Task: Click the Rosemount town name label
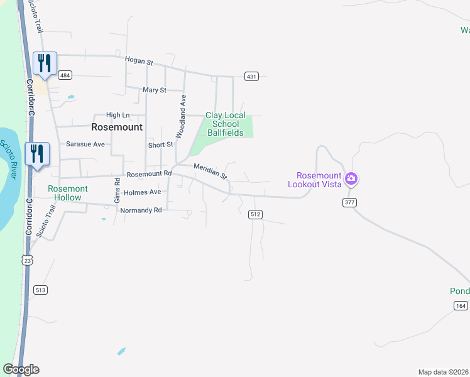pos(117,126)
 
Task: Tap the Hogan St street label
pos(139,62)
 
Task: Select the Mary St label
pos(154,90)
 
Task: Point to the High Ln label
pos(117,115)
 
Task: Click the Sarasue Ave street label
pos(85,144)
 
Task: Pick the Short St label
pos(160,145)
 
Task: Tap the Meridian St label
pos(210,170)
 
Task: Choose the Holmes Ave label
pos(143,192)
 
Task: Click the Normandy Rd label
pos(141,210)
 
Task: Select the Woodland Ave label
pos(181,116)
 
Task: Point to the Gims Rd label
pos(117,189)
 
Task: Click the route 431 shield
pos(251,77)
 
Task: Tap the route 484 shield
pos(65,75)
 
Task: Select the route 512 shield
pos(254,214)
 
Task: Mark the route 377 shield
pos(350,202)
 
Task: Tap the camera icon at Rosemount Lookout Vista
pos(351,179)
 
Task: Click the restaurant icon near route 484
pos(45,63)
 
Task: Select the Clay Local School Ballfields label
pos(226,124)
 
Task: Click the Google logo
pos(21,369)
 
